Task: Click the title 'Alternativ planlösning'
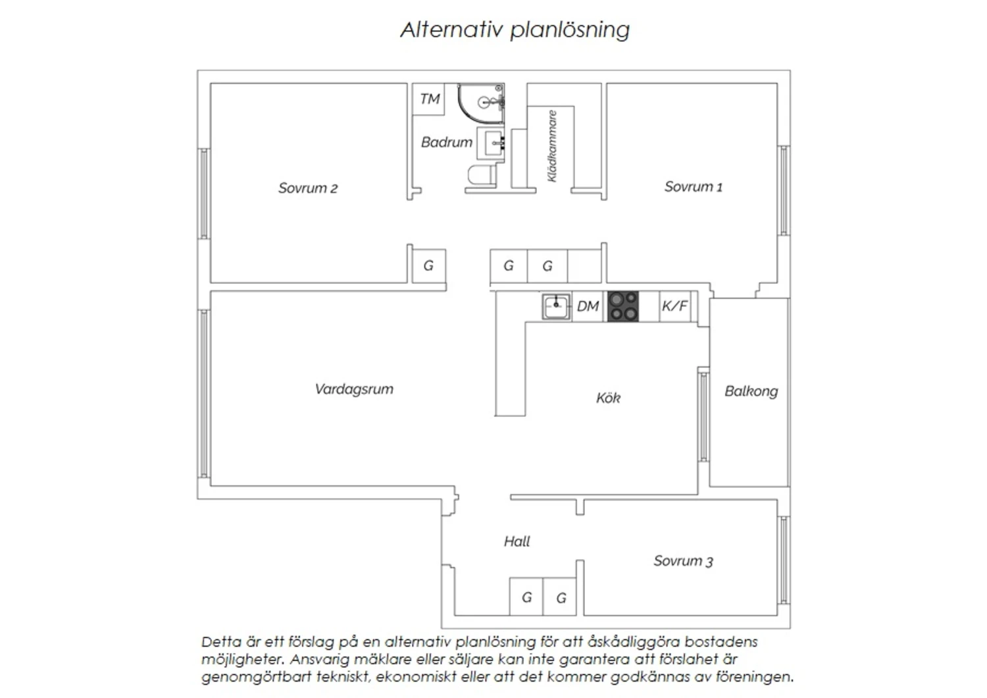coord(515,30)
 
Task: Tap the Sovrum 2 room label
coord(307,188)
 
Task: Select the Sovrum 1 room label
coord(693,187)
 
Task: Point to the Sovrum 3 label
coord(683,561)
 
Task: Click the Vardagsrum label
coord(354,389)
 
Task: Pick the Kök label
coord(608,398)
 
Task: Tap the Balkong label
coord(751,392)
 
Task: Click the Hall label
coord(517,541)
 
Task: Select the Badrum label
coord(446,142)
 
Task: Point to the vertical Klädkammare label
coord(551,146)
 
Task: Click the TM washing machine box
coord(428,99)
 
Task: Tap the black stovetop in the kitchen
coord(622,306)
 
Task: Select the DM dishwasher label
coord(588,306)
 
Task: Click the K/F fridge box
coord(675,306)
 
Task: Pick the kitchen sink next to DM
coord(556,306)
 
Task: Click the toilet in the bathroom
coord(482,174)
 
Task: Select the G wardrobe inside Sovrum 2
coord(429,266)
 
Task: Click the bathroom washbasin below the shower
coord(491,143)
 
